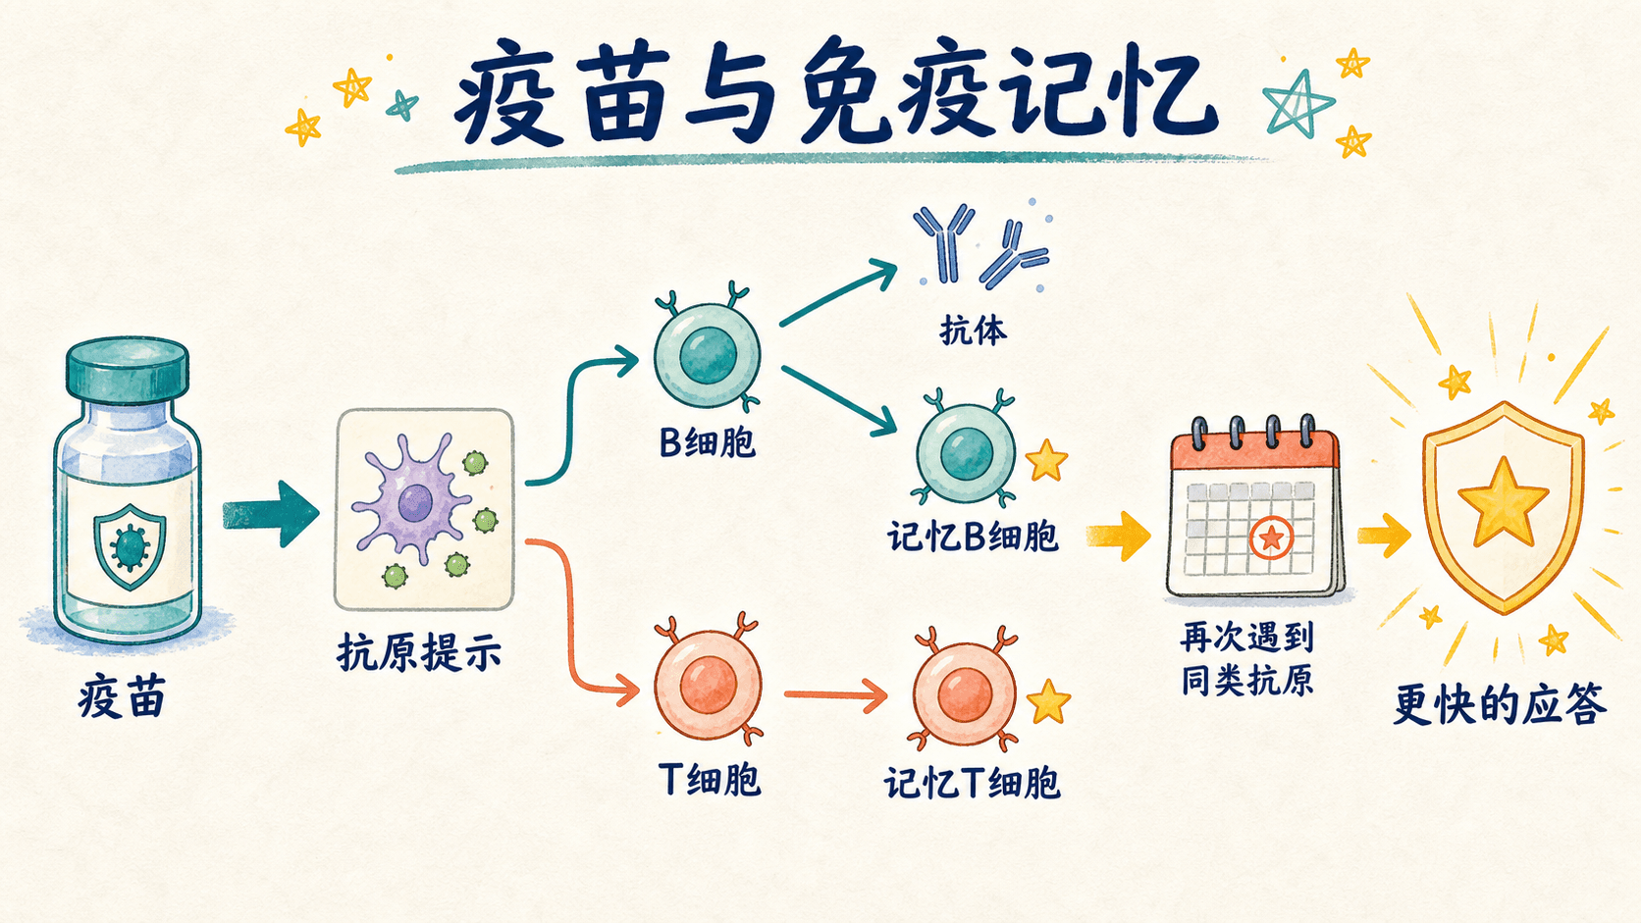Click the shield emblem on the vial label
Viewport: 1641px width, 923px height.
pos(130,546)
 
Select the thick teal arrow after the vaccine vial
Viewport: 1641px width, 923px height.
pos(270,514)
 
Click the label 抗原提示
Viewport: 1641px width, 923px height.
pos(419,653)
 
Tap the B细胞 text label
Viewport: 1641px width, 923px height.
pos(707,442)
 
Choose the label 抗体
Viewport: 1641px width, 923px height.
pos(973,331)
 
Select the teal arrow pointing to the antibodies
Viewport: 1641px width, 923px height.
pos(839,294)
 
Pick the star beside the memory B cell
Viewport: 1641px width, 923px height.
pos(1046,460)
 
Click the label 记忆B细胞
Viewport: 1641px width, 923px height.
pos(973,538)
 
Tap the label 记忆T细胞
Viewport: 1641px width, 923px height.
pos(973,783)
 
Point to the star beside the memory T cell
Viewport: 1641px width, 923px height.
pos(1049,701)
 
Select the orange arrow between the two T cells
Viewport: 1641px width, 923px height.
pos(836,694)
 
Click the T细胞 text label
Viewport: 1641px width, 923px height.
pos(710,780)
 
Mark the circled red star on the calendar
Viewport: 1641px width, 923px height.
pos(1271,538)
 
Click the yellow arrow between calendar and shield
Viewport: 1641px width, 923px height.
pos(1384,535)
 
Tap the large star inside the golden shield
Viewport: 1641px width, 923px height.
pos(1504,503)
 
